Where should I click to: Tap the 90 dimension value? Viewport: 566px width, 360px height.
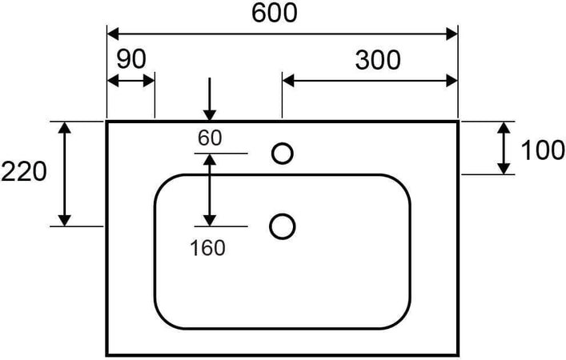130,59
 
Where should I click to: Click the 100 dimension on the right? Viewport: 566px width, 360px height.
543,150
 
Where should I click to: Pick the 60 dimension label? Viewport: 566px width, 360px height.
210,138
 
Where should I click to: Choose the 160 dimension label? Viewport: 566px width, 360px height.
208,247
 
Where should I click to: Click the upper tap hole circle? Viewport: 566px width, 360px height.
282,153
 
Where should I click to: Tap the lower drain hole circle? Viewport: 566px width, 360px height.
282,226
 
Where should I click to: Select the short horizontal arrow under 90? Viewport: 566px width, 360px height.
130,81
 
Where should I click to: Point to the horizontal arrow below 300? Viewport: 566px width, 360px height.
369,81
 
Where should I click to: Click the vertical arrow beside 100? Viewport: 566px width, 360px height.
504,148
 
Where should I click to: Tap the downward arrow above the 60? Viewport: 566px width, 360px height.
209,98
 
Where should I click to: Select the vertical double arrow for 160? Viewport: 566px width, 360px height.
209,190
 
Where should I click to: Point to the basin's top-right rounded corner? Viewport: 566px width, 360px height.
400,183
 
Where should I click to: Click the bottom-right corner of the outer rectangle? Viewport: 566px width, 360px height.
457,354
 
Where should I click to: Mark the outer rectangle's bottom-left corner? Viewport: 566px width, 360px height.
107,354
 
